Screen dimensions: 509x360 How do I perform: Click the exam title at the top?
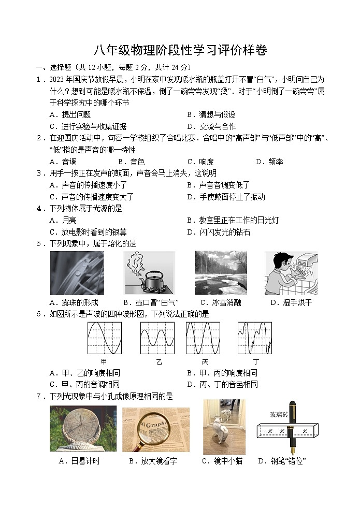(x=180, y=50)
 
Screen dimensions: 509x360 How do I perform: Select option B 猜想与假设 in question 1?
(x=211, y=114)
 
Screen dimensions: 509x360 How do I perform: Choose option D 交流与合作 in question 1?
(x=211, y=126)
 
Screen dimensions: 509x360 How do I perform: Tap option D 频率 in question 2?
(x=269, y=162)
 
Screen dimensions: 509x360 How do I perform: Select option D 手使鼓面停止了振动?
(x=225, y=197)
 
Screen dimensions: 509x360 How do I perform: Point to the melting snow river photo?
(x=221, y=273)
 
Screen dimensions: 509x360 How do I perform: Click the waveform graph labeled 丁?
(x=254, y=338)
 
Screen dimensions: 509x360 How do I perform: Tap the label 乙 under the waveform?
(x=159, y=362)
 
